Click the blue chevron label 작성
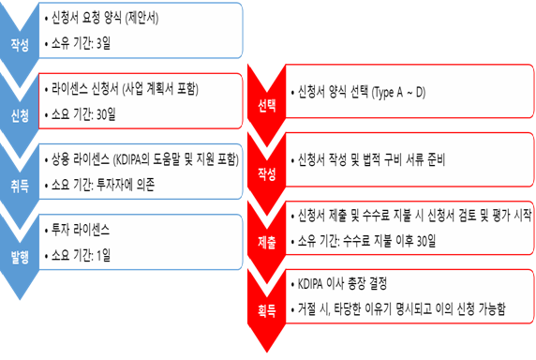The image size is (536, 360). click(20, 45)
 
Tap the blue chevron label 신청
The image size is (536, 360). click(20, 115)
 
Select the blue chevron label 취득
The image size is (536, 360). click(20, 187)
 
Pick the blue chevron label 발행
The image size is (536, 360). click(20, 257)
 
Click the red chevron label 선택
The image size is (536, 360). click(267, 105)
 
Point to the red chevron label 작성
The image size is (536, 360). click(267, 173)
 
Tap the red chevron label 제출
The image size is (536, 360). click(267, 242)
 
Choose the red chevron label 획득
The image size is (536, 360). click(267, 310)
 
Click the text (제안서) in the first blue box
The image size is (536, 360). click(141, 18)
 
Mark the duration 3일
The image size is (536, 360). click(104, 43)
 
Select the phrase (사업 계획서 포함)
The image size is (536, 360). click(160, 89)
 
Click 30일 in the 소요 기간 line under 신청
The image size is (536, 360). click(106, 114)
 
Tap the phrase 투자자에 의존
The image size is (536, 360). click(126, 185)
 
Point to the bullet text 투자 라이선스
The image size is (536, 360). click(81, 230)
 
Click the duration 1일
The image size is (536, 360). click(104, 255)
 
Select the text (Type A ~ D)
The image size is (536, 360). click(398, 92)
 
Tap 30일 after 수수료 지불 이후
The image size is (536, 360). click(426, 241)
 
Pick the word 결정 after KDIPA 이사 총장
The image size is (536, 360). click(378, 283)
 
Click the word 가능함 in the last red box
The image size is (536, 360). click(492, 308)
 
